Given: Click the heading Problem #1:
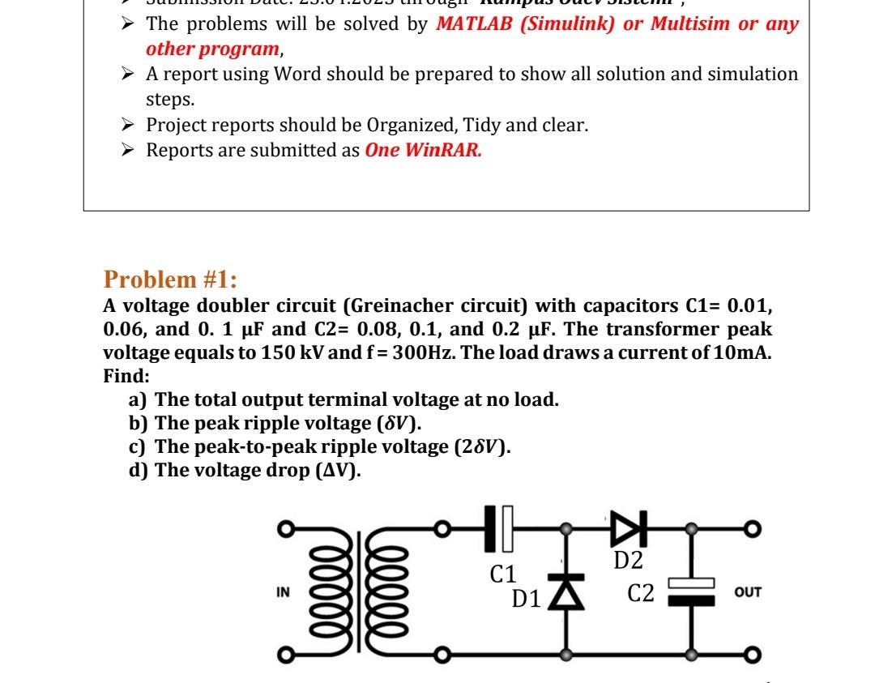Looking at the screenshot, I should pyautogui.click(x=170, y=280).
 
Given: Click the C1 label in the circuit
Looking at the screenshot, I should pyautogui.click(x=503, y=574).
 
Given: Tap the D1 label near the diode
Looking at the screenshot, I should pyautogui.click(x=527, y=600).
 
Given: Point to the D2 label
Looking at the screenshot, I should pyautogui.click(x=628, y=560).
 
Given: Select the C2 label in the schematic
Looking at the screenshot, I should pyautogui.click(x=641, y=594).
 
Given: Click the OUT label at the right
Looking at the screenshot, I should pyautogui.click(x=748, y=592).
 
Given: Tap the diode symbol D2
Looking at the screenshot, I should pyautogui.click(x=625, y=528).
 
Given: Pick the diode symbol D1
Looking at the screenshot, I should pyautogui.click(x=565, y=592).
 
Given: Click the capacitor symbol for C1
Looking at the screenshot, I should pyautogui.click(x=499, y=528).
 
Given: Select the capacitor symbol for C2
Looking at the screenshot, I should pyautogui.click(x=690, y=592).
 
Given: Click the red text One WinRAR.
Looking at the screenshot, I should pyautogui.click(x=423, y=151).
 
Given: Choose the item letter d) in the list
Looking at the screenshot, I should pyautogui.click(x=139, y=471).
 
